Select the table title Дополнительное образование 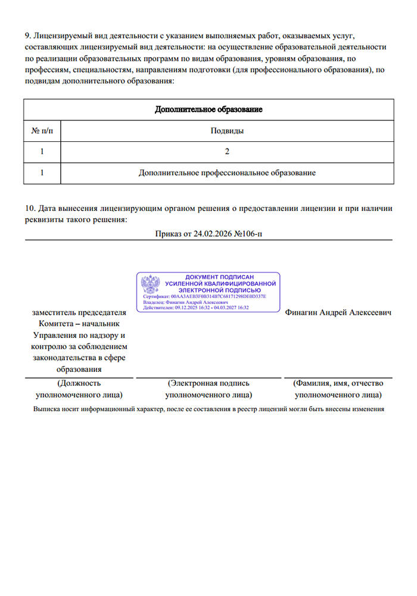[x=208, y=110]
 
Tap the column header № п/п [x=42, y=131]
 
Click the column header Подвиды [x=227, y=131]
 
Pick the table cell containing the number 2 [x=227, y=151]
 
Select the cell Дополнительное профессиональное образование [x=227, y=173]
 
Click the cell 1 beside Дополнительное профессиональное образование [x=42, y=173]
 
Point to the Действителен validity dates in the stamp [x=196, y=308]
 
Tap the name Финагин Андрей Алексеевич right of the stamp [x=338, y=313]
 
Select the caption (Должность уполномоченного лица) [x=79, y=389]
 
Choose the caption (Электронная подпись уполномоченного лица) [x=208, y=389]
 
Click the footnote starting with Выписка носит [x=208, y=409]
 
